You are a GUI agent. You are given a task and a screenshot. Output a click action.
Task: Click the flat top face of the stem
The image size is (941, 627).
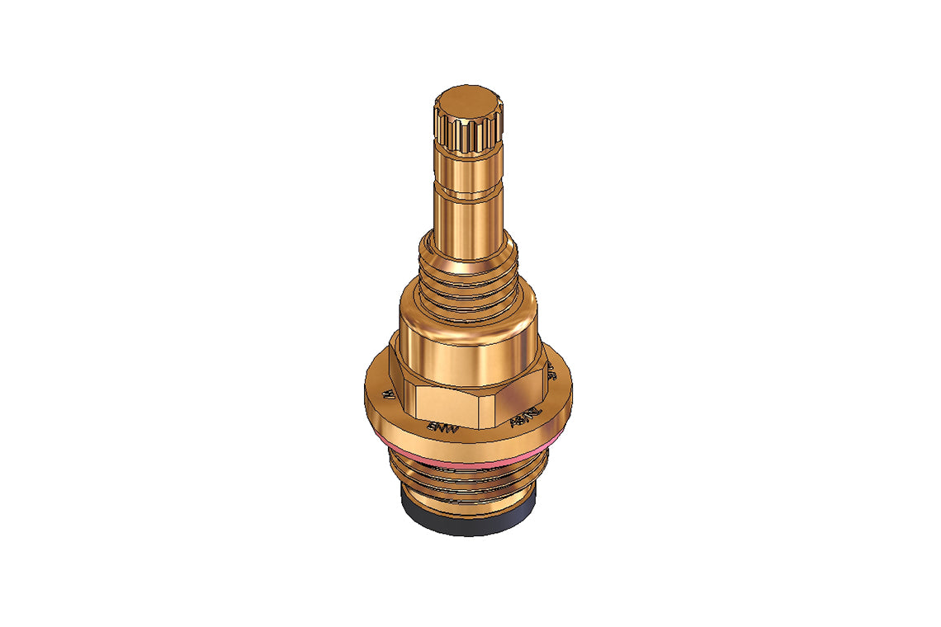[x=468, y=101]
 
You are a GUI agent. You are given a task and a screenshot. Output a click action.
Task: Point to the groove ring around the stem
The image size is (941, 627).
[x=468, y=195]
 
